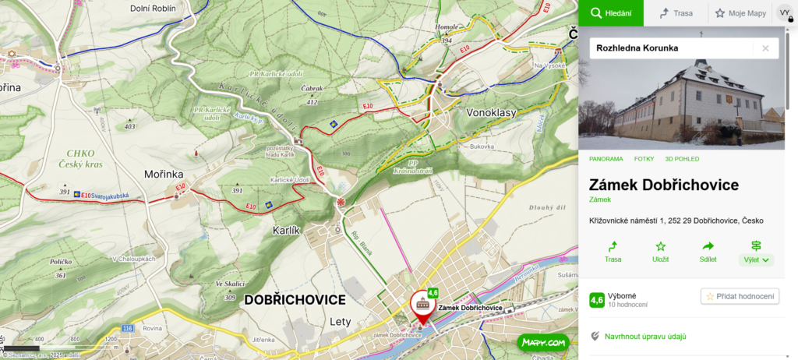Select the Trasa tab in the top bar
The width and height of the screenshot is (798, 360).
pos(676,13)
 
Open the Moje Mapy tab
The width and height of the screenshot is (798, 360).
pos(740,13)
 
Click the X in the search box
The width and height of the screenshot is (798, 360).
pos(765,48)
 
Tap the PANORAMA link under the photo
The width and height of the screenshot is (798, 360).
pos(606,159)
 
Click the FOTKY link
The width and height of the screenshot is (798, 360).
pos(644,159)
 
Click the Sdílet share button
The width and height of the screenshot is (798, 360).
pos(708,251)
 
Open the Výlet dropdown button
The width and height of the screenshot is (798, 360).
pos(756,252)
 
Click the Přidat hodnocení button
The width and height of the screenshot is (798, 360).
pos(740,296)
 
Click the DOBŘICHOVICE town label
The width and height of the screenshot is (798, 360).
pos(295,300)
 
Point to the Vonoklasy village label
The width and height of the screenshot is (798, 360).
pos(491,113)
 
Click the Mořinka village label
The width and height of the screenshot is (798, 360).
pos(163,174)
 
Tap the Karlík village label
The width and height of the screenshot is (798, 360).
pos(287,231)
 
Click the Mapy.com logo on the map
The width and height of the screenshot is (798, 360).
pos(543,342)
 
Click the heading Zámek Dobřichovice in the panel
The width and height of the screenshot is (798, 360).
pos(663,185)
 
